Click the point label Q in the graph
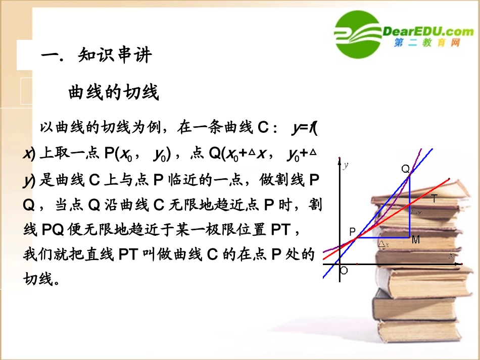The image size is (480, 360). tap(405, 169)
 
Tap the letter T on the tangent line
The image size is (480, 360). tap(434, 200)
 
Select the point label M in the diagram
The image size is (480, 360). tap(415, 240)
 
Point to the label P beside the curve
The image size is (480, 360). tap(353, 232)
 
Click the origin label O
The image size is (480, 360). tap(344, 271)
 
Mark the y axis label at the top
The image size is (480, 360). tap(346, 165)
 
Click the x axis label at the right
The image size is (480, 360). tap(451, 256)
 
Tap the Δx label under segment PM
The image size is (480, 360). tap(384, 244)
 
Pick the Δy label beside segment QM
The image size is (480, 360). tap(416, 212)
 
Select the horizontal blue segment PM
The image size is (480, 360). tap(384, 237)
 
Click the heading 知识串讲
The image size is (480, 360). tap(115, 55)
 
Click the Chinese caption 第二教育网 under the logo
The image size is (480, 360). tap(427, 44)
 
